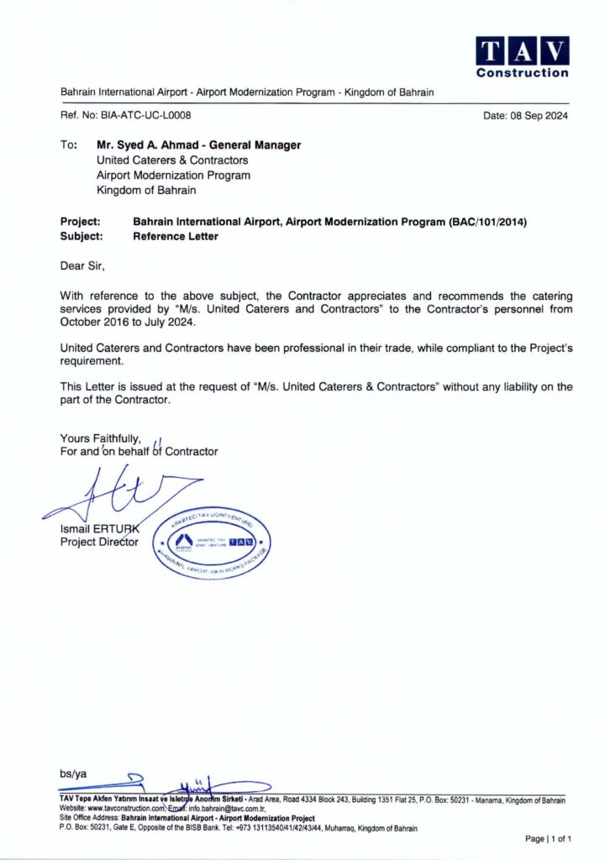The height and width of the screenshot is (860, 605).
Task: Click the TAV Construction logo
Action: point(522,56)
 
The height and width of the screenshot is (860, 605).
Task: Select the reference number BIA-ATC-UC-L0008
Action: point(146,116)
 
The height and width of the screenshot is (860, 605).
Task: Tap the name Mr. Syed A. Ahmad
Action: point(148,145)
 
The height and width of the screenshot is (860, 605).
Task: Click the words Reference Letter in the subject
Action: point(176,236)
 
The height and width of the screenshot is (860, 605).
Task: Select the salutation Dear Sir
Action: point(84,266)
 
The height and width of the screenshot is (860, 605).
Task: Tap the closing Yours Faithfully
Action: point(100,438)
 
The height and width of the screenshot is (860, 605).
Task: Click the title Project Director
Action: point(99,542)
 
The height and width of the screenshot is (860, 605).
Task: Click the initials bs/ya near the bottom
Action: point(73,773)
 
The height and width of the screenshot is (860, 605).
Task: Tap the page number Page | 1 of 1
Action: point(548,838)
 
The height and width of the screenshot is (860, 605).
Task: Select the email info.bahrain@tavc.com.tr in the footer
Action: point(225,809)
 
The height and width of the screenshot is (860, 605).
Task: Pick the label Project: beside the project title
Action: point(81,222)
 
